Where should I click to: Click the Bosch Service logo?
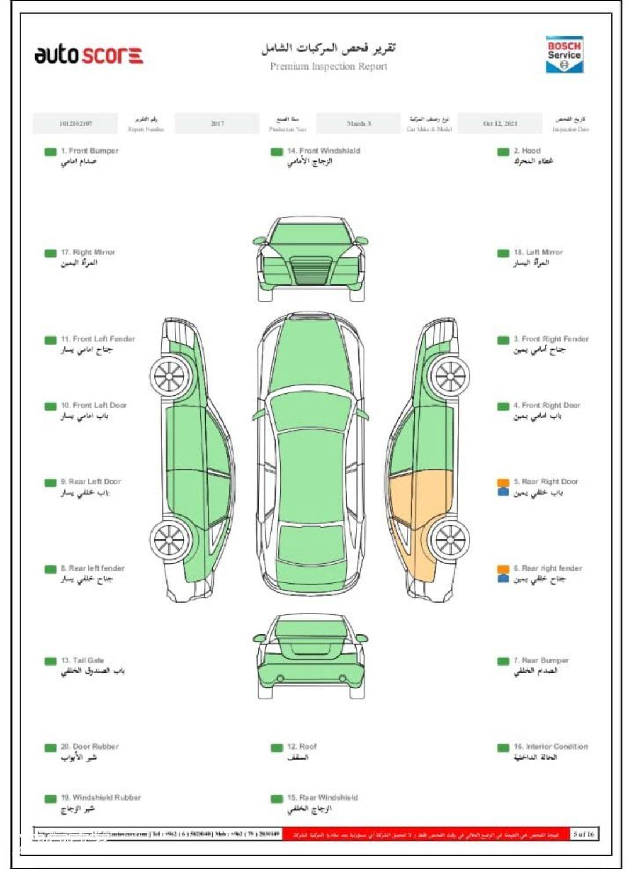563,54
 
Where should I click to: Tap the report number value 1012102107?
75,123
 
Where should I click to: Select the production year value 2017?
218,123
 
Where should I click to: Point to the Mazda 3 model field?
358,123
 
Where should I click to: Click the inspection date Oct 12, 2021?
500,123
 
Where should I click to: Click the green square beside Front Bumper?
50,152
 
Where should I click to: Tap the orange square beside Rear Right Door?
503,483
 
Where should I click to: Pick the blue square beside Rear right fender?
503,578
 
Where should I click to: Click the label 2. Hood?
527,151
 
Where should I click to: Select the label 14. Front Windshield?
324,151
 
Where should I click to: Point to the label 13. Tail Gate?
82,660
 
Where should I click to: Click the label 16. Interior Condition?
550,747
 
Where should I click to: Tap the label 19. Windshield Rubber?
101,798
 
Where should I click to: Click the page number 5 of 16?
583,834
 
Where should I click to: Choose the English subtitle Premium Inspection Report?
328,66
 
